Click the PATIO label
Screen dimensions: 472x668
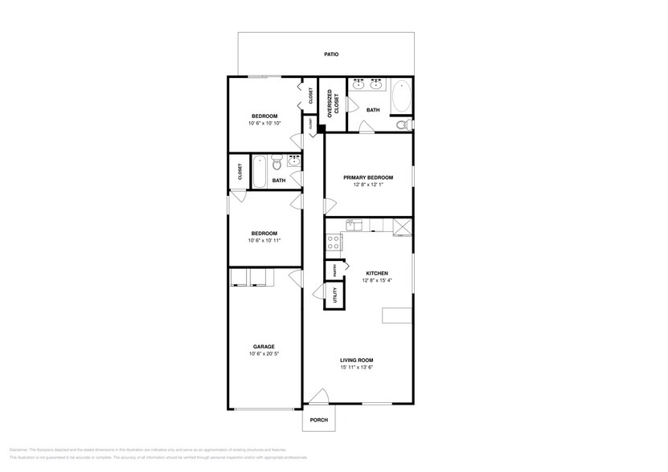[x=330, y=55]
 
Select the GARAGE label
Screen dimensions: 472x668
[x=264, y=347]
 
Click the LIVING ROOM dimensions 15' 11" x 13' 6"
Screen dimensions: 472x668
[x=356, y=367]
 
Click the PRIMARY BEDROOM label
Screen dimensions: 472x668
[x=368, y=177]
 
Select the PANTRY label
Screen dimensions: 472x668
[x=330, y=270]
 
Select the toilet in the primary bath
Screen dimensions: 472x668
[x=404, y=124]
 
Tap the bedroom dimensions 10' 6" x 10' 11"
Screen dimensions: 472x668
[x=264, y=240]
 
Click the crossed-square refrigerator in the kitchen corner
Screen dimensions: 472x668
[x=401, y=228]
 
